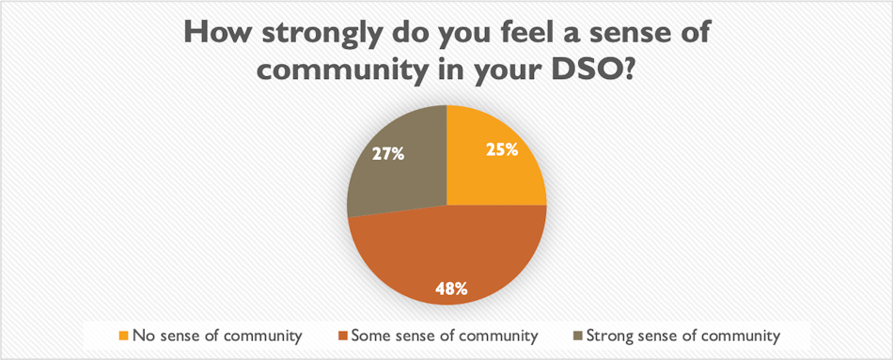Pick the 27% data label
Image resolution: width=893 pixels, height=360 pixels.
coord(387,153)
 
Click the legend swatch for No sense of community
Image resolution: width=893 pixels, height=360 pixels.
coord(125,335)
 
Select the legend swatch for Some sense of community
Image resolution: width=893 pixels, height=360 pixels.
coord(344,335)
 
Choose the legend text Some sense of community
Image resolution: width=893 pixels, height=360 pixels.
coord(444,335)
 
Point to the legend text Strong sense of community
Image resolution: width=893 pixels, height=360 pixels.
coord(681,335)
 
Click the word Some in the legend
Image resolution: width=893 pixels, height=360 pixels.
coord(371,335)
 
